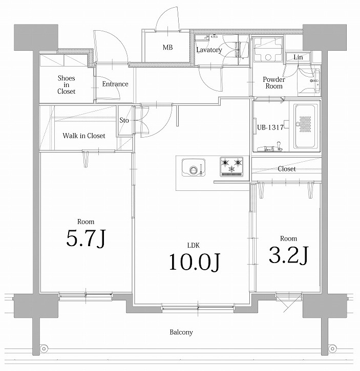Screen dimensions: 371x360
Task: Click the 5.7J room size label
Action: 86,238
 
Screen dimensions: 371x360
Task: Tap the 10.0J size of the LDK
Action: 195,261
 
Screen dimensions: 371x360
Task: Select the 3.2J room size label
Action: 288,255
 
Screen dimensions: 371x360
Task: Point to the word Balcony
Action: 181,332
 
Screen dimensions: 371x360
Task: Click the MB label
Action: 168,48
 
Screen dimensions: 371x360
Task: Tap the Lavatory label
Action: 209,50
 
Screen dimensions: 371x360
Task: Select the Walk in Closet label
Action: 84,136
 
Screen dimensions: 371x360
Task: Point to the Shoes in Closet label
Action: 66,84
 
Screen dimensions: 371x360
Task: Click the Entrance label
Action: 115,84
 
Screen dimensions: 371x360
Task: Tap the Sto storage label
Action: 124,121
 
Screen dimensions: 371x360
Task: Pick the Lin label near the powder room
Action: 298,58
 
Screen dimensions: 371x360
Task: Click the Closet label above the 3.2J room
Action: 286,169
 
